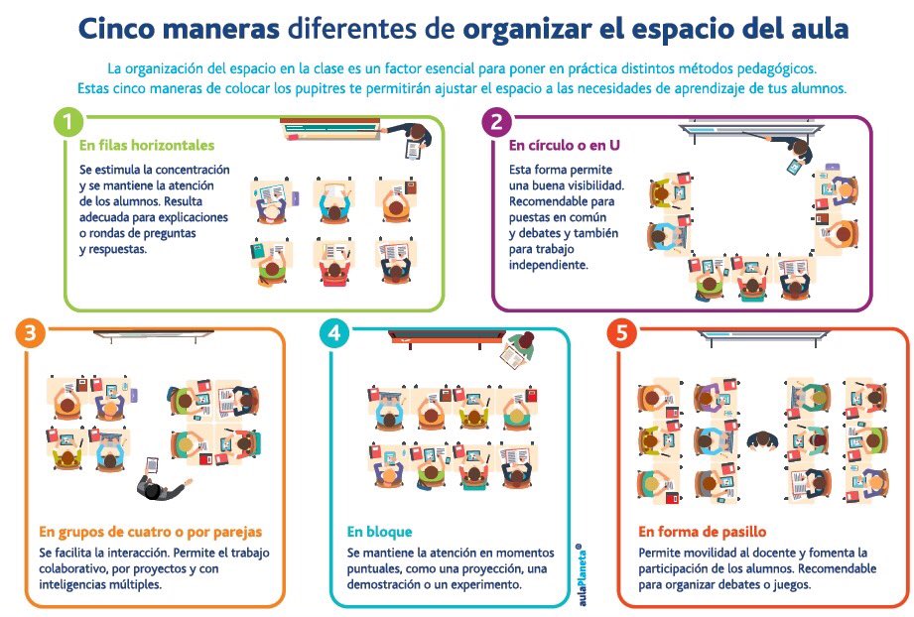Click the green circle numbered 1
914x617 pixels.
click(x=67, y=124)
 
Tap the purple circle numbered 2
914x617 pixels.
click(x=495, y=124)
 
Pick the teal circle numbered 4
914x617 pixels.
click(x=335, y=334)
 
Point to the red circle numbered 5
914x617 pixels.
click(x=622, y=334)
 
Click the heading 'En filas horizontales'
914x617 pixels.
click(x=147, y=145)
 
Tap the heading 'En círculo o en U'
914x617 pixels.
click(x=565, y=145)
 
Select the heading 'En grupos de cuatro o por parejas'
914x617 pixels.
click(x=151, y=532)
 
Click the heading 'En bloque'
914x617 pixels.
click(x=379, y=532)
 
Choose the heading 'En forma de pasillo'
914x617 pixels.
click(x=702, y=532)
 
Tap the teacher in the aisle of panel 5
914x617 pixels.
click(x=763, y=438)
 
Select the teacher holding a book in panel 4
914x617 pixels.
click(x=521, y=348)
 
